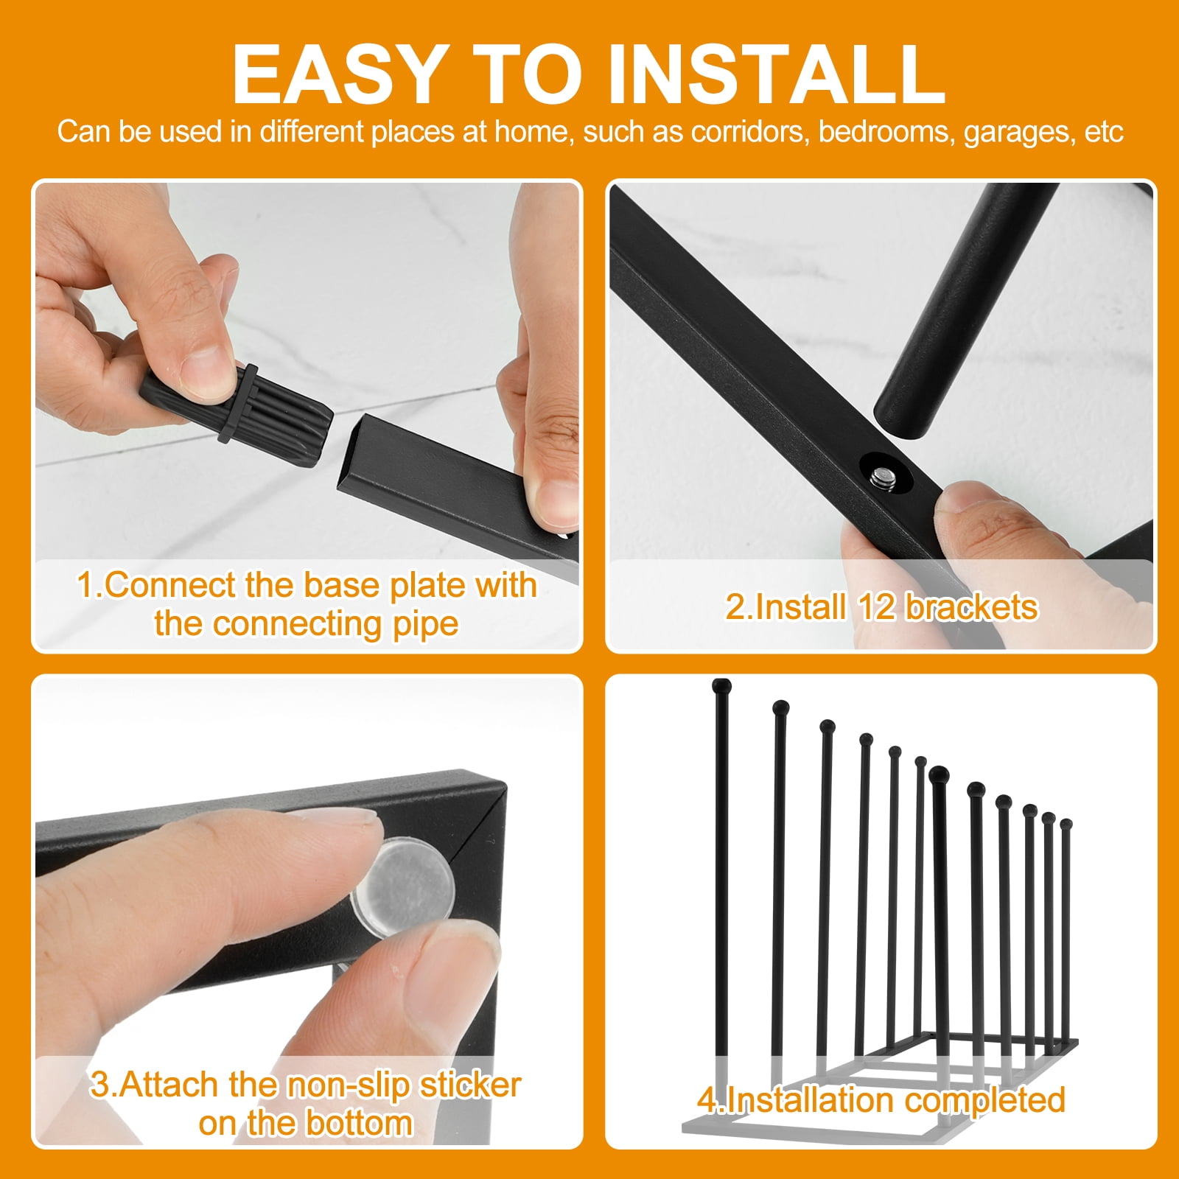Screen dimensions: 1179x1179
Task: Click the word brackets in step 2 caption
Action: [971, 607]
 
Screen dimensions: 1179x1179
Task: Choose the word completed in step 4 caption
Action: [984, 1101]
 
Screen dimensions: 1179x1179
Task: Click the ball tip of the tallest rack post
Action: [722, 686]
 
